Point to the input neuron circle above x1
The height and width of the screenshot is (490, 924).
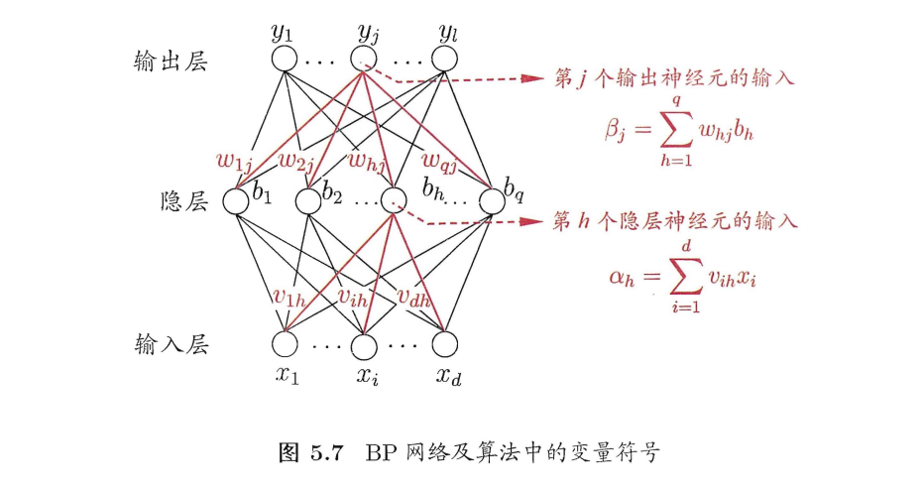point(285,344)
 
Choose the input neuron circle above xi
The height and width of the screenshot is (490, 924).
point(365,344)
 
